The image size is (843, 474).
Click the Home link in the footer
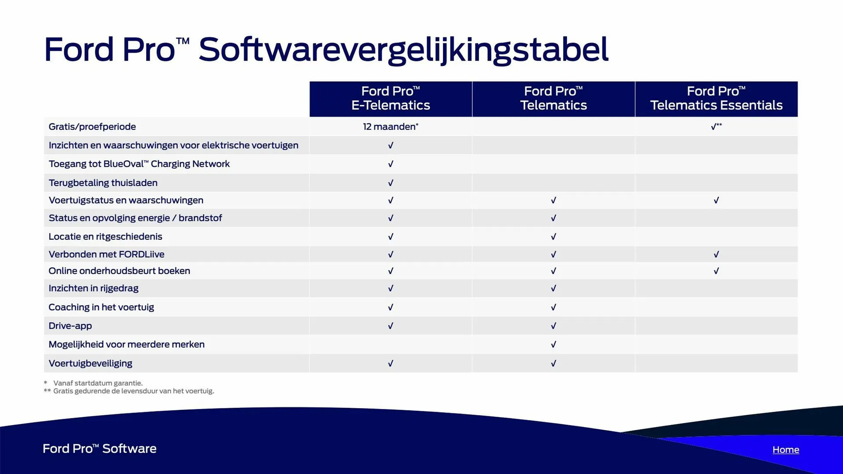click(786, 449)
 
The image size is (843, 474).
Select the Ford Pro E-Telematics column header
click(391, 98)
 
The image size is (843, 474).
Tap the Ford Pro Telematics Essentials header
click(716, 98)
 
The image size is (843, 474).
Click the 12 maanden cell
click(391, 126)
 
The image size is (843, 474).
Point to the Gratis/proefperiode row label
click(92, 127)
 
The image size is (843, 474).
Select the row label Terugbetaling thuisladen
click(103, 183)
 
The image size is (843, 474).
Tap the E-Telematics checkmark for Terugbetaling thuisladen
click(391, 183)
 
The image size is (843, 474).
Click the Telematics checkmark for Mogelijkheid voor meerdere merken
click(553, 345)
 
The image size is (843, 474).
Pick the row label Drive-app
click(70, 326)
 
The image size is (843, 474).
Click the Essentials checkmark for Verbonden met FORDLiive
click(716, 254)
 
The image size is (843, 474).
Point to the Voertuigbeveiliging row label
click(90, 363)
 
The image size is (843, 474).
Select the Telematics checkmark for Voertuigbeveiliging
click(553, 363)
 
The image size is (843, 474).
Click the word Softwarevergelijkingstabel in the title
click(403, 50)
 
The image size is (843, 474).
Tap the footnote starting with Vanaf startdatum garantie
click(94, 383)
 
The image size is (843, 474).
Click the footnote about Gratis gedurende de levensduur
click(129, 391)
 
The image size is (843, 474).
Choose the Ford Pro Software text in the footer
click(100, 449)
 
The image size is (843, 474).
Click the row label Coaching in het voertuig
click(101, 307)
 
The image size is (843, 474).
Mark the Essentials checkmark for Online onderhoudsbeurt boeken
click(716, 271)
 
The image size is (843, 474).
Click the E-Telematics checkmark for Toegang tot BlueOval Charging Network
click(391, 164)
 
